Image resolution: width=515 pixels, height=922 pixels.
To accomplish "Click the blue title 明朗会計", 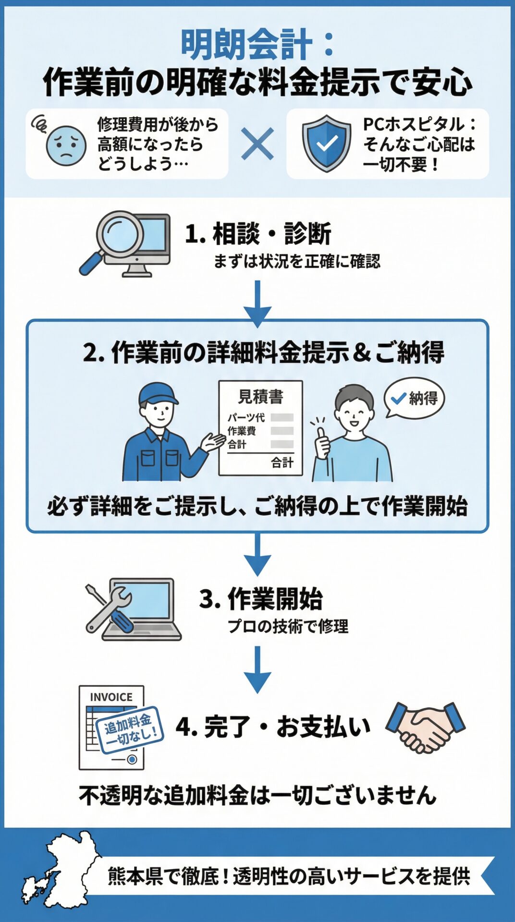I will point(246,45).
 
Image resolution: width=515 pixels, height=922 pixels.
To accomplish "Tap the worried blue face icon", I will point(65,145).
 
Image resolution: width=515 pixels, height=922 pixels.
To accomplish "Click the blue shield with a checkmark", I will point(327,143).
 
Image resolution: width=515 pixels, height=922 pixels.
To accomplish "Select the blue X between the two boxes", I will point(257,144).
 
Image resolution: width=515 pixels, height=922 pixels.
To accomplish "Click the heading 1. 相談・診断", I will point(258,234).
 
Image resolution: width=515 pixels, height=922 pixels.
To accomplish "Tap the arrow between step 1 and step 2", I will point(257,303).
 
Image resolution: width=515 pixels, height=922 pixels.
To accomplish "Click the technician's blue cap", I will point(158,394).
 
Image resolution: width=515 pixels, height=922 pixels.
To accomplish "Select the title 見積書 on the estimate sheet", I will point(261,397).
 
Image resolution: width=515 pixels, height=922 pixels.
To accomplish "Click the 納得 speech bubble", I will point(414,398).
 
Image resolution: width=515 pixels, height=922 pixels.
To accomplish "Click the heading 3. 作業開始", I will point(261,599).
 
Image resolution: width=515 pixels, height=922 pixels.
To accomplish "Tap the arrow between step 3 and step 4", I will point(257,669).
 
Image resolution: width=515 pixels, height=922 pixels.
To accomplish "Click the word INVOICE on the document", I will point(111,697).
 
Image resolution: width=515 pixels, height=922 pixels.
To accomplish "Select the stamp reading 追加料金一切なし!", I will point(129,728).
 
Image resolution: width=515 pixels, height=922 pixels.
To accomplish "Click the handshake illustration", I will point(425,727).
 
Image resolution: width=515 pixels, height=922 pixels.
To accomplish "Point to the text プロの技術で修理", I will point(288,626).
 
